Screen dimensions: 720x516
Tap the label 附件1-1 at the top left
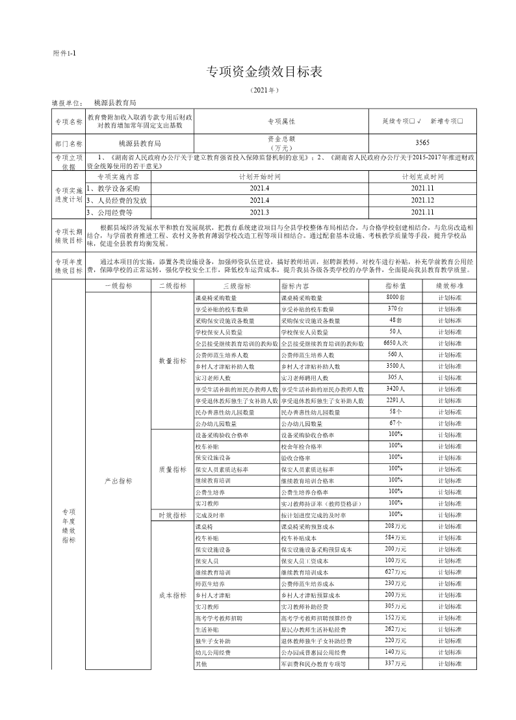[x=64, y=53]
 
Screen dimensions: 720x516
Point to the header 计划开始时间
[x=259, y=176]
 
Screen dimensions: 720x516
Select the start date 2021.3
[x=259, y=212]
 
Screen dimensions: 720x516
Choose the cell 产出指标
[x=118, y=481]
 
